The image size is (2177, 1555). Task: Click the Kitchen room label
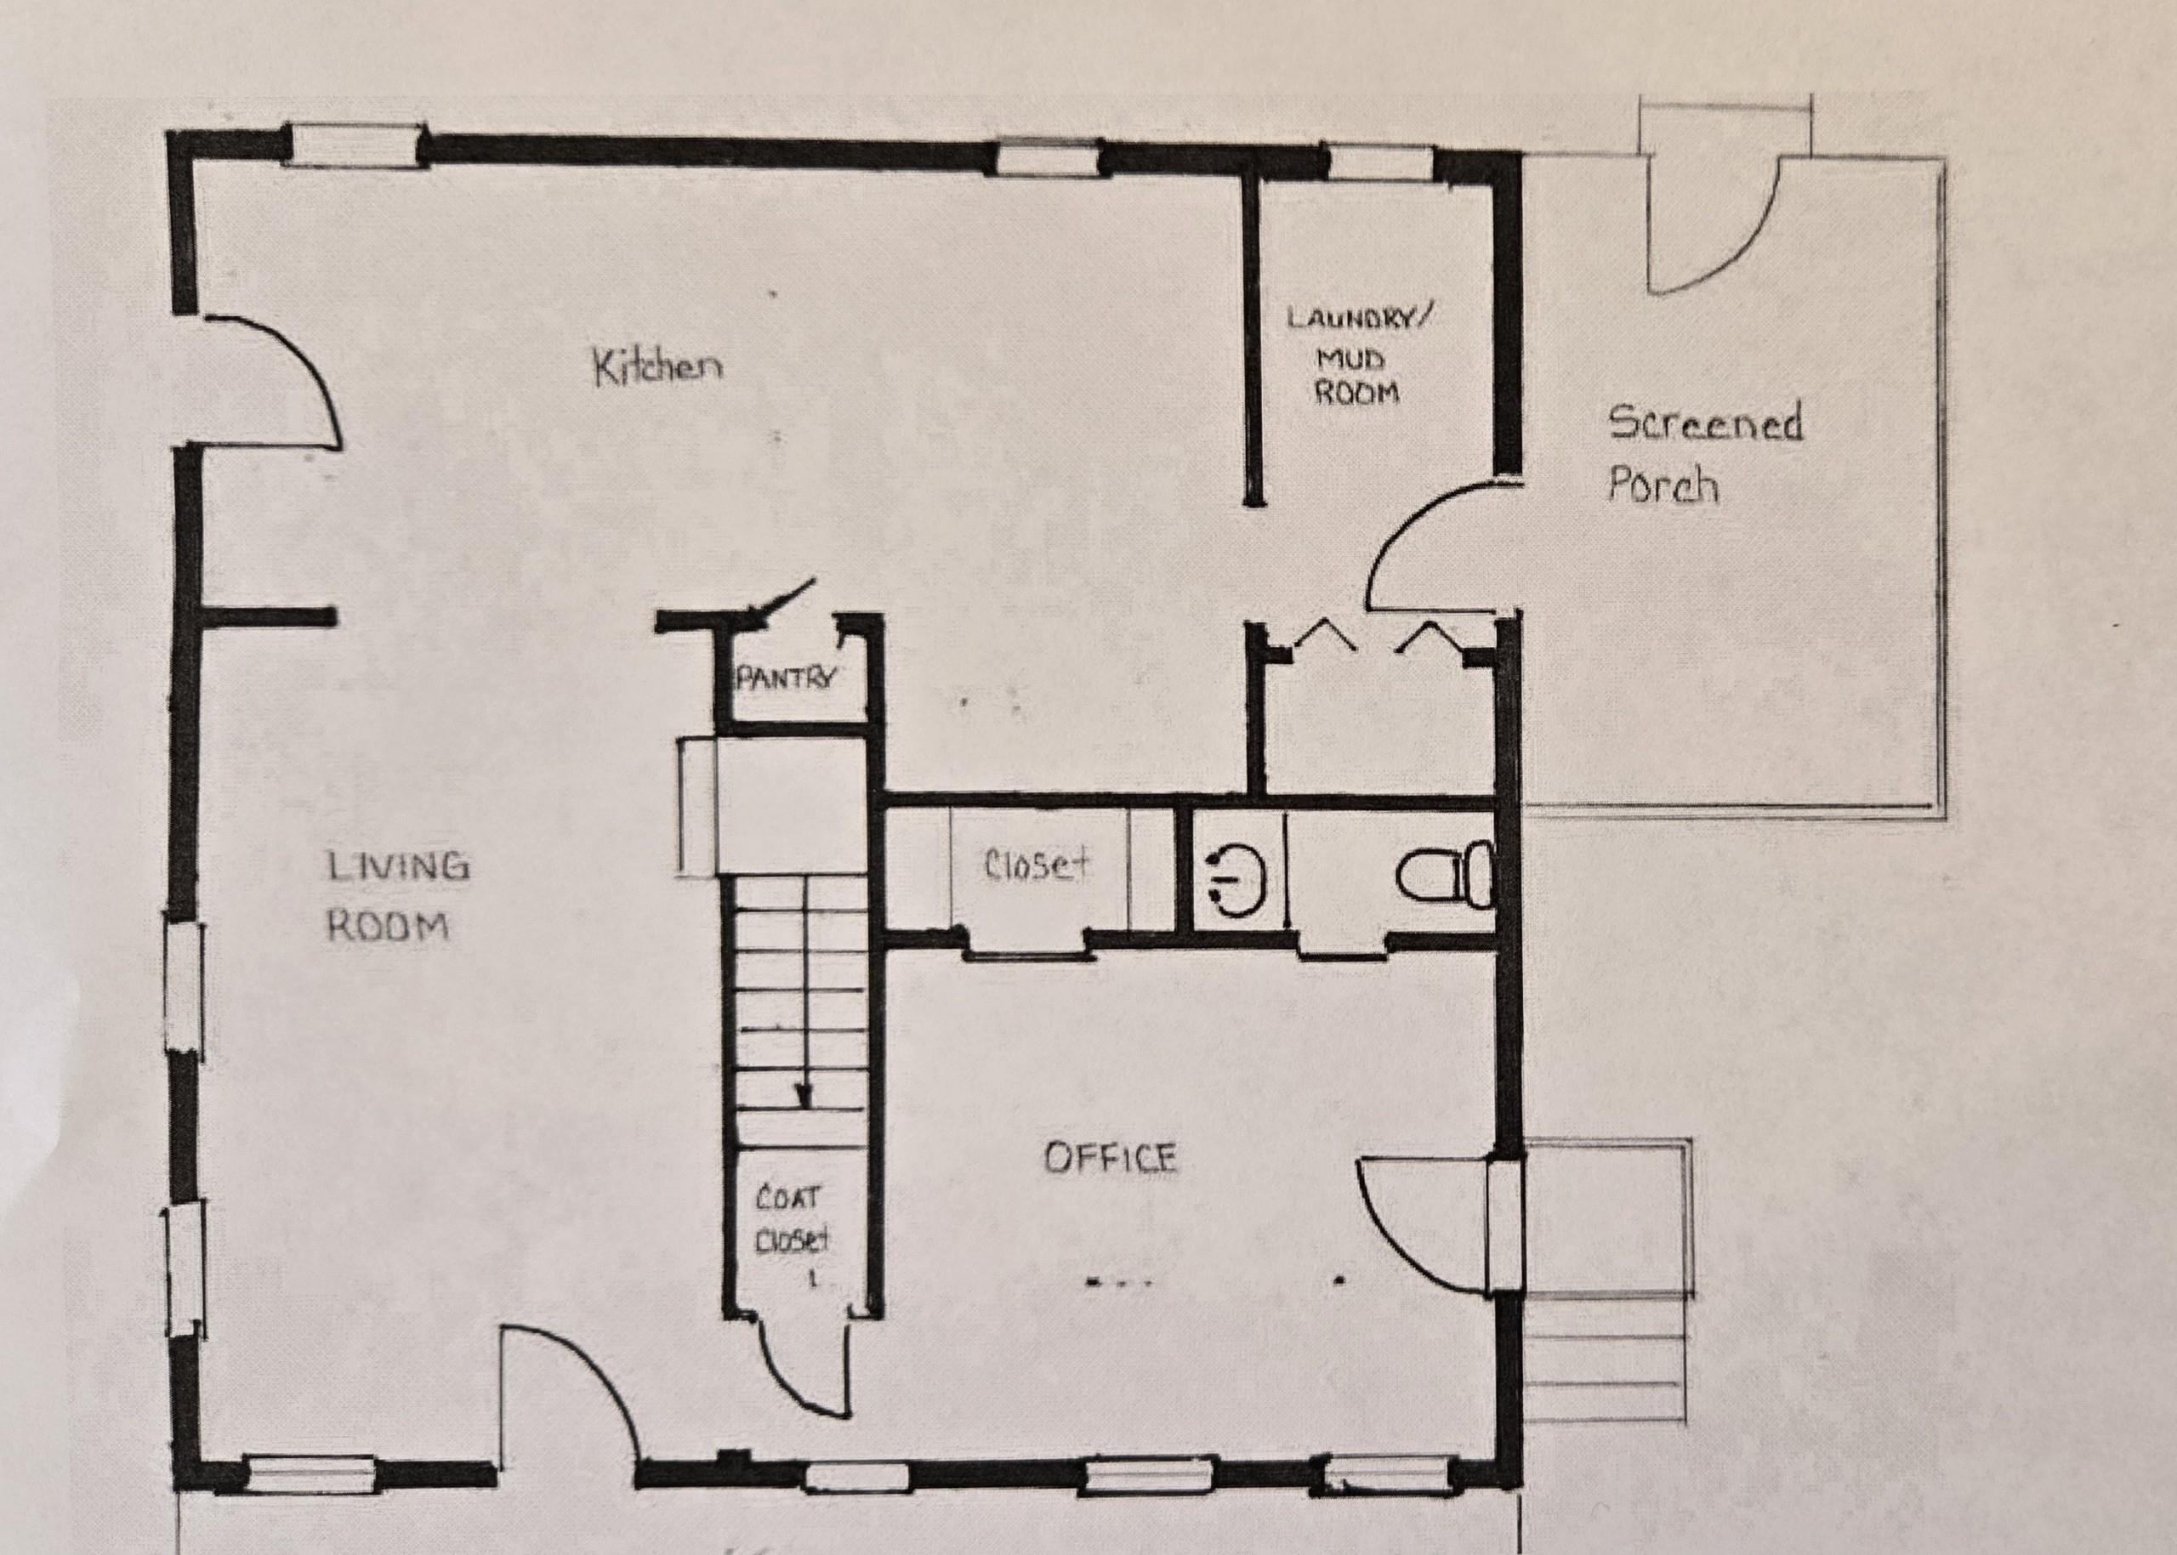coord(658,367)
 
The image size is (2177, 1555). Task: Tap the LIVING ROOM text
coord(397,896)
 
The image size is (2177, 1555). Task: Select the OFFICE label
coord(1110,1159)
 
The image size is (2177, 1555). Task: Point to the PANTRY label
coord(786,678)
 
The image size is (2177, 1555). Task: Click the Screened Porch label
coord(1705,454)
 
